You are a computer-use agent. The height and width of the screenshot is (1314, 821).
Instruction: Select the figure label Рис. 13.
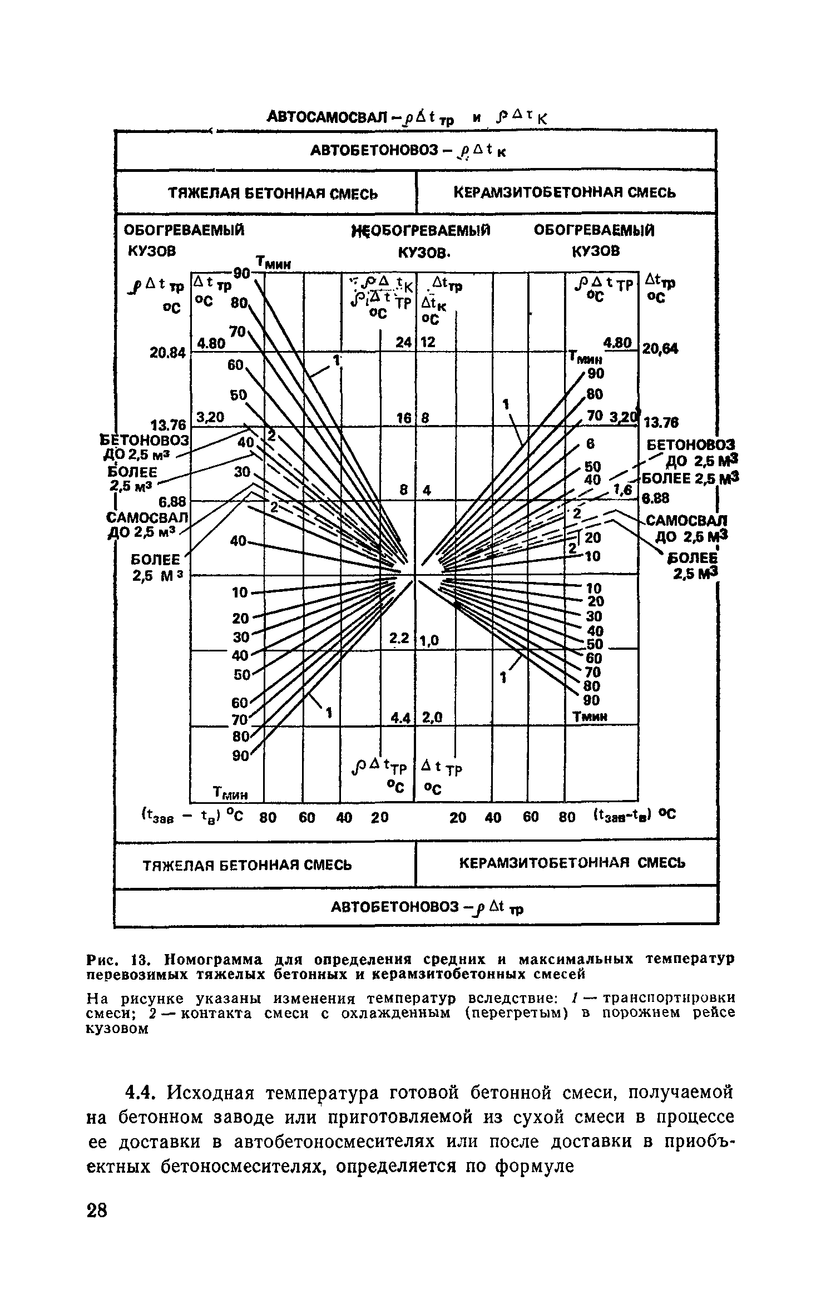pos(114,960)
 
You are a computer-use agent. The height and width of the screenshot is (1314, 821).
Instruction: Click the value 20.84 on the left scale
pos(167,353)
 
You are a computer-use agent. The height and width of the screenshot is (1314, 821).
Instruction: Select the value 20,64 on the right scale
pos(660,349)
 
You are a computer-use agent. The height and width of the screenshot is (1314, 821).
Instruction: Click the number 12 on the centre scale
pos(427,343)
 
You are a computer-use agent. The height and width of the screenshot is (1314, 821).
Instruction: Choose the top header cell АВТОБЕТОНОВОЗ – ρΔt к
pos(415,151)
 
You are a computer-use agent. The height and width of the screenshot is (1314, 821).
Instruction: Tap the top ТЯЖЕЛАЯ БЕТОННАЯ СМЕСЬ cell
pos(266,193)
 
